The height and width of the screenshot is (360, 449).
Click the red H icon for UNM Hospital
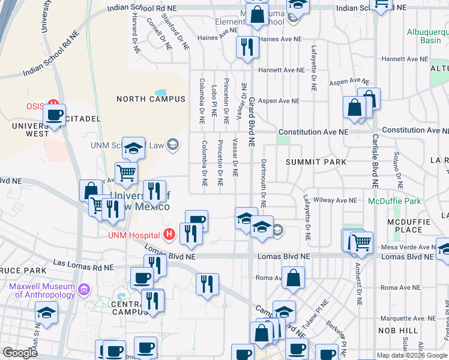(170, 233)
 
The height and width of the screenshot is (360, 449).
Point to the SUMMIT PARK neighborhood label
(316, 162)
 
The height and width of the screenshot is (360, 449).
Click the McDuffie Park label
(394, 201)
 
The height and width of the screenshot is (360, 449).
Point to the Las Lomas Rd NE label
(83, 265)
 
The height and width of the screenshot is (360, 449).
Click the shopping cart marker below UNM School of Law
(127, 173)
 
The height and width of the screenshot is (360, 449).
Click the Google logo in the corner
(20, 353)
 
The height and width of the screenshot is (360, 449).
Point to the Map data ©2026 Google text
(412, 355)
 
